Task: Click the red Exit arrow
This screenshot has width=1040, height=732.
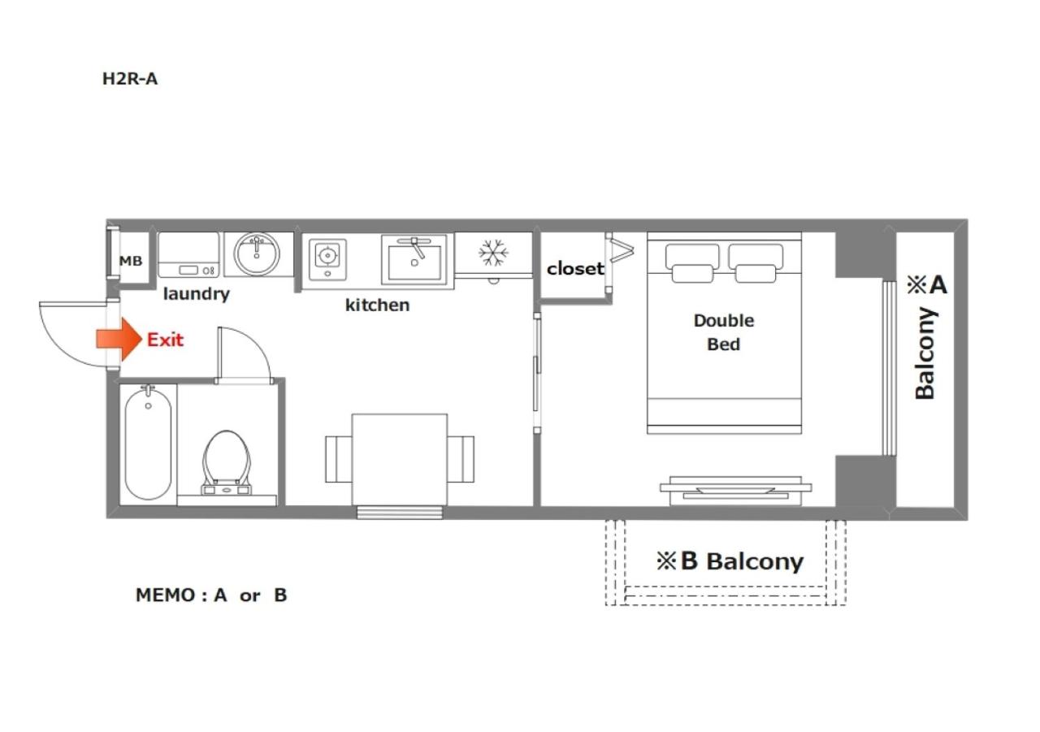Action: (x=119, y=340)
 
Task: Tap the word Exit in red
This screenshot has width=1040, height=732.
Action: (x=165, y=340)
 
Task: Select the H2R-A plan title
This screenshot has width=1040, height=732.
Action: (x=130, y=79)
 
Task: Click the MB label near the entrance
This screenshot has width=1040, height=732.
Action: (x=131, y=261)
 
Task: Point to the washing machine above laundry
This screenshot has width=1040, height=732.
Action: (x=188, y=255)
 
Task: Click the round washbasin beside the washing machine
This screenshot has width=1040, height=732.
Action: (x=257, y=254)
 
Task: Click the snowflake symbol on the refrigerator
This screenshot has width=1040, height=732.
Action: (x=493, y=253)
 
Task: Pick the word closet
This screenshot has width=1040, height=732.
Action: (x=575, y=268)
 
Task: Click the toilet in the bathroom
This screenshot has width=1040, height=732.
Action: (x=227, y=461)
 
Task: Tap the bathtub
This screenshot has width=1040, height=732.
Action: (x=148, y=444)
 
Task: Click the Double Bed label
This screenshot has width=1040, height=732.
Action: (x=724, y=332)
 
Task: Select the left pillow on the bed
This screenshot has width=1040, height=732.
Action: (x=692, y=262)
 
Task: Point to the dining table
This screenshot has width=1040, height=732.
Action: (x=400, y=460)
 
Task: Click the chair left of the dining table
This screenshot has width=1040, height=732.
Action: (x=339, y=459)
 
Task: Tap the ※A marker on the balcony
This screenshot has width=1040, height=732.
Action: (x=927, y=284)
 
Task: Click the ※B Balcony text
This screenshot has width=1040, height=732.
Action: (x=730, y=561)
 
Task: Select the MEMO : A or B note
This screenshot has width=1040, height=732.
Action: (x=211, y=595)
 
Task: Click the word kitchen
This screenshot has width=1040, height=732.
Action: (x=378, y=305)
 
